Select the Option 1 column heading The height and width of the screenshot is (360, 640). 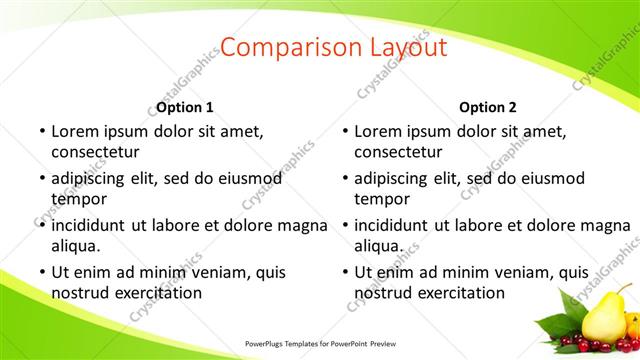coord(185,107)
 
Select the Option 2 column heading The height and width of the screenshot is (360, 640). coord(488,107)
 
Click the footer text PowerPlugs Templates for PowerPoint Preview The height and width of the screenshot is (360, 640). coord(320,343)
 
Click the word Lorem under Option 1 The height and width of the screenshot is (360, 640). coord(76,131)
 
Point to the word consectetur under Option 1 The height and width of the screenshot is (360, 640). coord(95,152)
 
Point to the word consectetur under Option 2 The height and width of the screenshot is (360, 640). coord(398,152)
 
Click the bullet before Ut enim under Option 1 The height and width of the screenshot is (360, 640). coord(40,271)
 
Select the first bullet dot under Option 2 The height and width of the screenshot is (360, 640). coord(343,131)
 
